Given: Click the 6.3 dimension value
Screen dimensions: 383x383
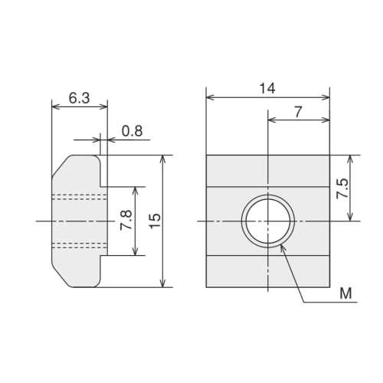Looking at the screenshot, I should tap(79, 98).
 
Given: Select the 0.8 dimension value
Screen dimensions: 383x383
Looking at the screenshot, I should tap(132, 131).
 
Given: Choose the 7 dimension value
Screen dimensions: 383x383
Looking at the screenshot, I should tap(298, 112).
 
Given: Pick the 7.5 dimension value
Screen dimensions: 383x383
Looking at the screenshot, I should tap(342, 189).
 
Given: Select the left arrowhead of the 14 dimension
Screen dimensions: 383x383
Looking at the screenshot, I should tap(210, 97).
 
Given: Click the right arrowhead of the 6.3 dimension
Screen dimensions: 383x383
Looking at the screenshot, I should tap(103, 107).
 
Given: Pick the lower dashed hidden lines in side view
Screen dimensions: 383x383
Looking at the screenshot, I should tap(77, 245).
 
